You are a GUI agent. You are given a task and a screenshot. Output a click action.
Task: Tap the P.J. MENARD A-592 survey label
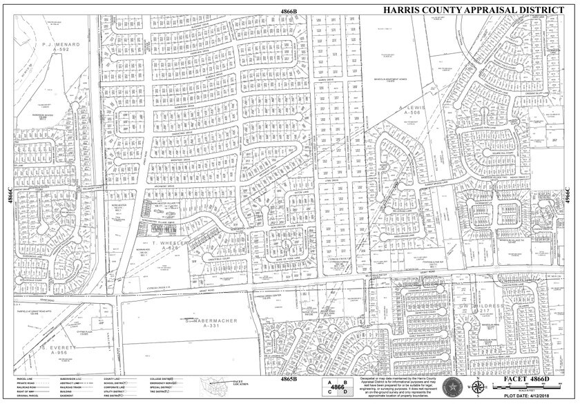click(61, 47)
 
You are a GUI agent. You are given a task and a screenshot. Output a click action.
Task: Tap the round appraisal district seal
click(452, 385)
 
